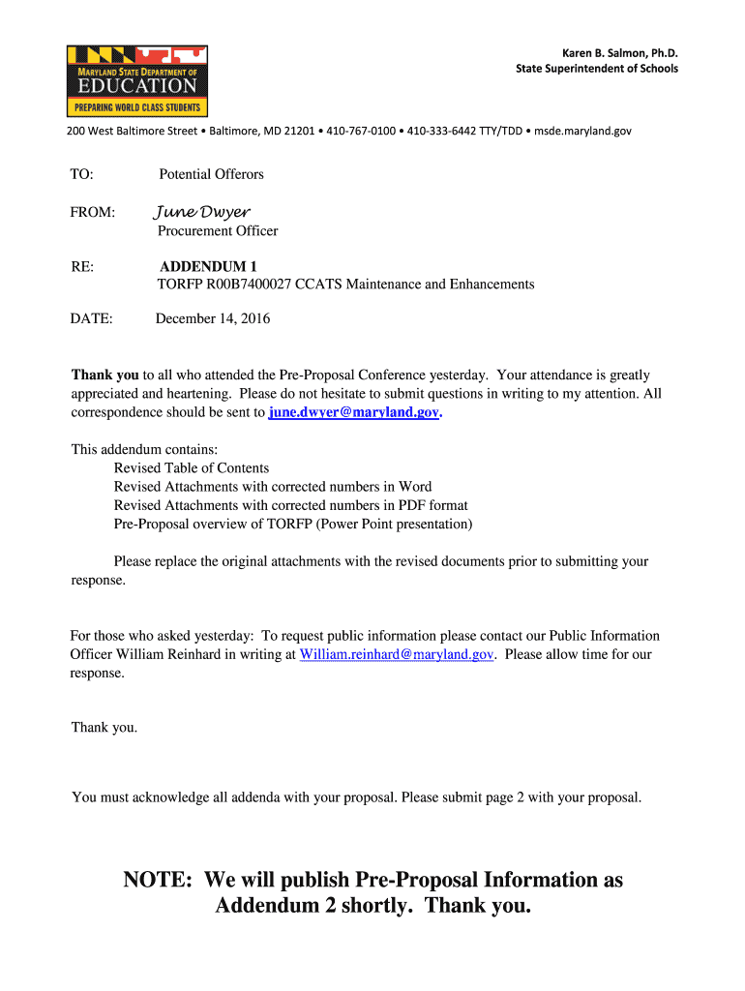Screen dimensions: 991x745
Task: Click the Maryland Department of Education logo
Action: pos(136,80)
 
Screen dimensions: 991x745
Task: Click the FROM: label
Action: pos(93,212)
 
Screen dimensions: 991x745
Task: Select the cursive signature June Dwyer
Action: pos(202,212)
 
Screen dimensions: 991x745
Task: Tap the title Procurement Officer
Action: pos(218,231)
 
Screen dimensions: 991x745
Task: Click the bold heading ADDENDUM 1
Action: pos(208,266)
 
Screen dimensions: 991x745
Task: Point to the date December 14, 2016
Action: pos(213,318)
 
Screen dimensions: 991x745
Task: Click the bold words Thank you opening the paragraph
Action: pos(105,375)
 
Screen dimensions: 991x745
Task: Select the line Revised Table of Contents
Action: pos(192,468)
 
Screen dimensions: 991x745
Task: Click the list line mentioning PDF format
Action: pos(290,505)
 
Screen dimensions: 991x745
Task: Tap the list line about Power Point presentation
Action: pos(293,525)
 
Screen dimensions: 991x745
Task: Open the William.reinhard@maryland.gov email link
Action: pos(398,655)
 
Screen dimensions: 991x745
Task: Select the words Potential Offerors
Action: pos(211,174)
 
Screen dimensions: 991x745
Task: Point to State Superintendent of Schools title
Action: pos(596,69)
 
